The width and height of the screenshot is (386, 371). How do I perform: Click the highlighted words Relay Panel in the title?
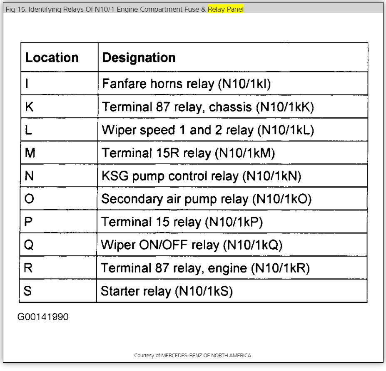(x=226, y=9)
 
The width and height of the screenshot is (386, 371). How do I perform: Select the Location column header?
(x=52, y=57)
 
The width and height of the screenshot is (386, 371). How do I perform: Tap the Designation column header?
(x=139, y=57)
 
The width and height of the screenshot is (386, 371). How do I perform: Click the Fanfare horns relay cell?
(x=186, y=84)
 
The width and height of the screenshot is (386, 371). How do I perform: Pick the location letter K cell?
(x=29, y=107)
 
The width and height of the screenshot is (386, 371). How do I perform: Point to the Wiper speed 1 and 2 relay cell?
(x=208, y=130)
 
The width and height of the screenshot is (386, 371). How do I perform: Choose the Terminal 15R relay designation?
(x=188, y=153)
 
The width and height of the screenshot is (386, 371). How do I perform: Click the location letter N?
(x=29, y=176)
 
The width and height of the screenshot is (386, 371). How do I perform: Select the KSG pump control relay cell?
(x=201, y=176)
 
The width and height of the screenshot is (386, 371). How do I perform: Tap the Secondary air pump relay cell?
(x=206, y=199)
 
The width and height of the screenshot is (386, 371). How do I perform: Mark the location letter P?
(x=28, y=222)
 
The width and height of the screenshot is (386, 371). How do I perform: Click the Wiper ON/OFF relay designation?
(x=192, y=245)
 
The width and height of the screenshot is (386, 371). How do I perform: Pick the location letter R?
(x=28, y=268)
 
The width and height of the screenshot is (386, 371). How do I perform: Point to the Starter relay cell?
(x=167, y=291)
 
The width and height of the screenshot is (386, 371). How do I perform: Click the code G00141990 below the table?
(x=43, y=317)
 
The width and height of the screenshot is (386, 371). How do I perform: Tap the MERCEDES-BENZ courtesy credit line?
(x=193, y=356)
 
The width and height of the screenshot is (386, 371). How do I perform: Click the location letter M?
(x=30, y=153)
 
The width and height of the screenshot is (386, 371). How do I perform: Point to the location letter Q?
(x=29, y=245)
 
